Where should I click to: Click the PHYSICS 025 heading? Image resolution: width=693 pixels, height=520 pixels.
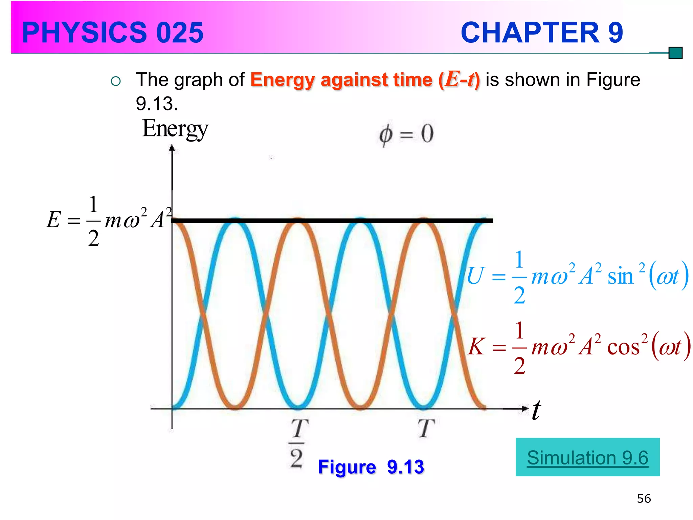(x=113, y=32)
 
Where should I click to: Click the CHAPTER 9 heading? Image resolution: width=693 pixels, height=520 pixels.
(x=541, y=32)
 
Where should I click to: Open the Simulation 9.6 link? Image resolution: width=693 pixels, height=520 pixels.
(x=587, y=458)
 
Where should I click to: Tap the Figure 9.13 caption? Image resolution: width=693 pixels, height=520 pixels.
(x=371, y=467)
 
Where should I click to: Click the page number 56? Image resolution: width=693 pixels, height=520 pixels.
(x=644, y=499)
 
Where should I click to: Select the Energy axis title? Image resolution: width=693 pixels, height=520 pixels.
(x=175, y=129)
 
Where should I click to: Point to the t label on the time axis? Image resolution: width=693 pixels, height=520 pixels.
(x=536, y=410)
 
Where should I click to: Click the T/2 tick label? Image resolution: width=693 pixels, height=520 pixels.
(x=297, y=443)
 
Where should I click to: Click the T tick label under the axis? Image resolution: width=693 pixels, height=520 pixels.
(x=426, y=429)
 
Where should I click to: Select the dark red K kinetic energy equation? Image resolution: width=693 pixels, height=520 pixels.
(x=579, y=347)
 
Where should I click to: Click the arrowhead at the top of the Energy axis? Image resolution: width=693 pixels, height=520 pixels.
(x=172, y=148)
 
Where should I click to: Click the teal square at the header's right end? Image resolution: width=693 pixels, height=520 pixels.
(x=675, y=53)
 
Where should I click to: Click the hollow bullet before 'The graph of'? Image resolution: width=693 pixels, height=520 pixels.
(x=116, y=81)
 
